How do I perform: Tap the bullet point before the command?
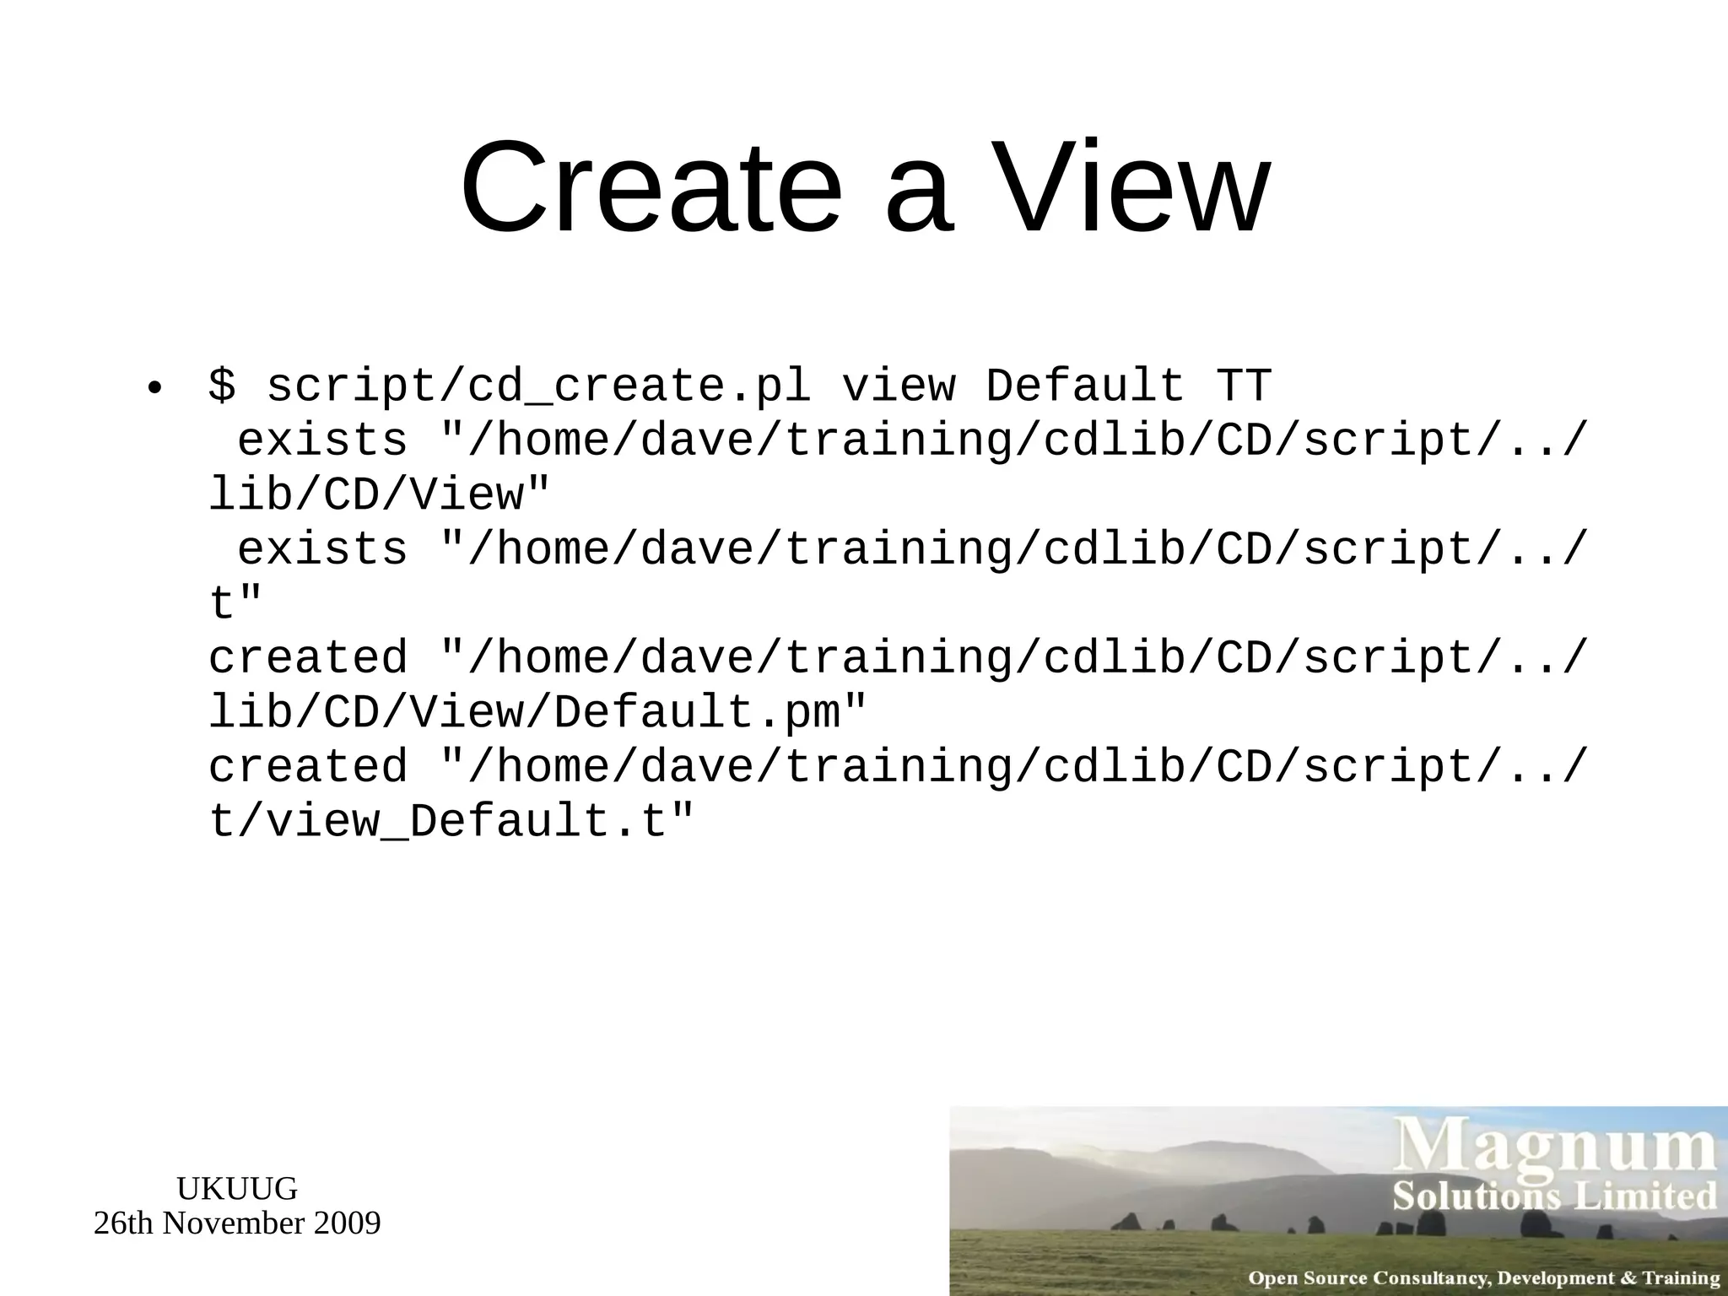click(153, 389)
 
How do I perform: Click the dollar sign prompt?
click(222, 386)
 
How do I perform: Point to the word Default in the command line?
click(1085, 386)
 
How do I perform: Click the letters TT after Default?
click(1243, 386)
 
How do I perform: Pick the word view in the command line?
click(899, 386)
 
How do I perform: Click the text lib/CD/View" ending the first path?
click(379, 494)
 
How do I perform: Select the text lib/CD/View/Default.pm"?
click(537, 712)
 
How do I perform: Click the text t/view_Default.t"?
click(451, 821)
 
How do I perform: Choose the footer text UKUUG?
click(237, 1189)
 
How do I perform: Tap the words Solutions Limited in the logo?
click(1555, 1196)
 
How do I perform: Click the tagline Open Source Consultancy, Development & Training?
click(1484, 1278)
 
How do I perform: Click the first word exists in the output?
click(322, 440)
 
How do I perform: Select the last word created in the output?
click(308, 766)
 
